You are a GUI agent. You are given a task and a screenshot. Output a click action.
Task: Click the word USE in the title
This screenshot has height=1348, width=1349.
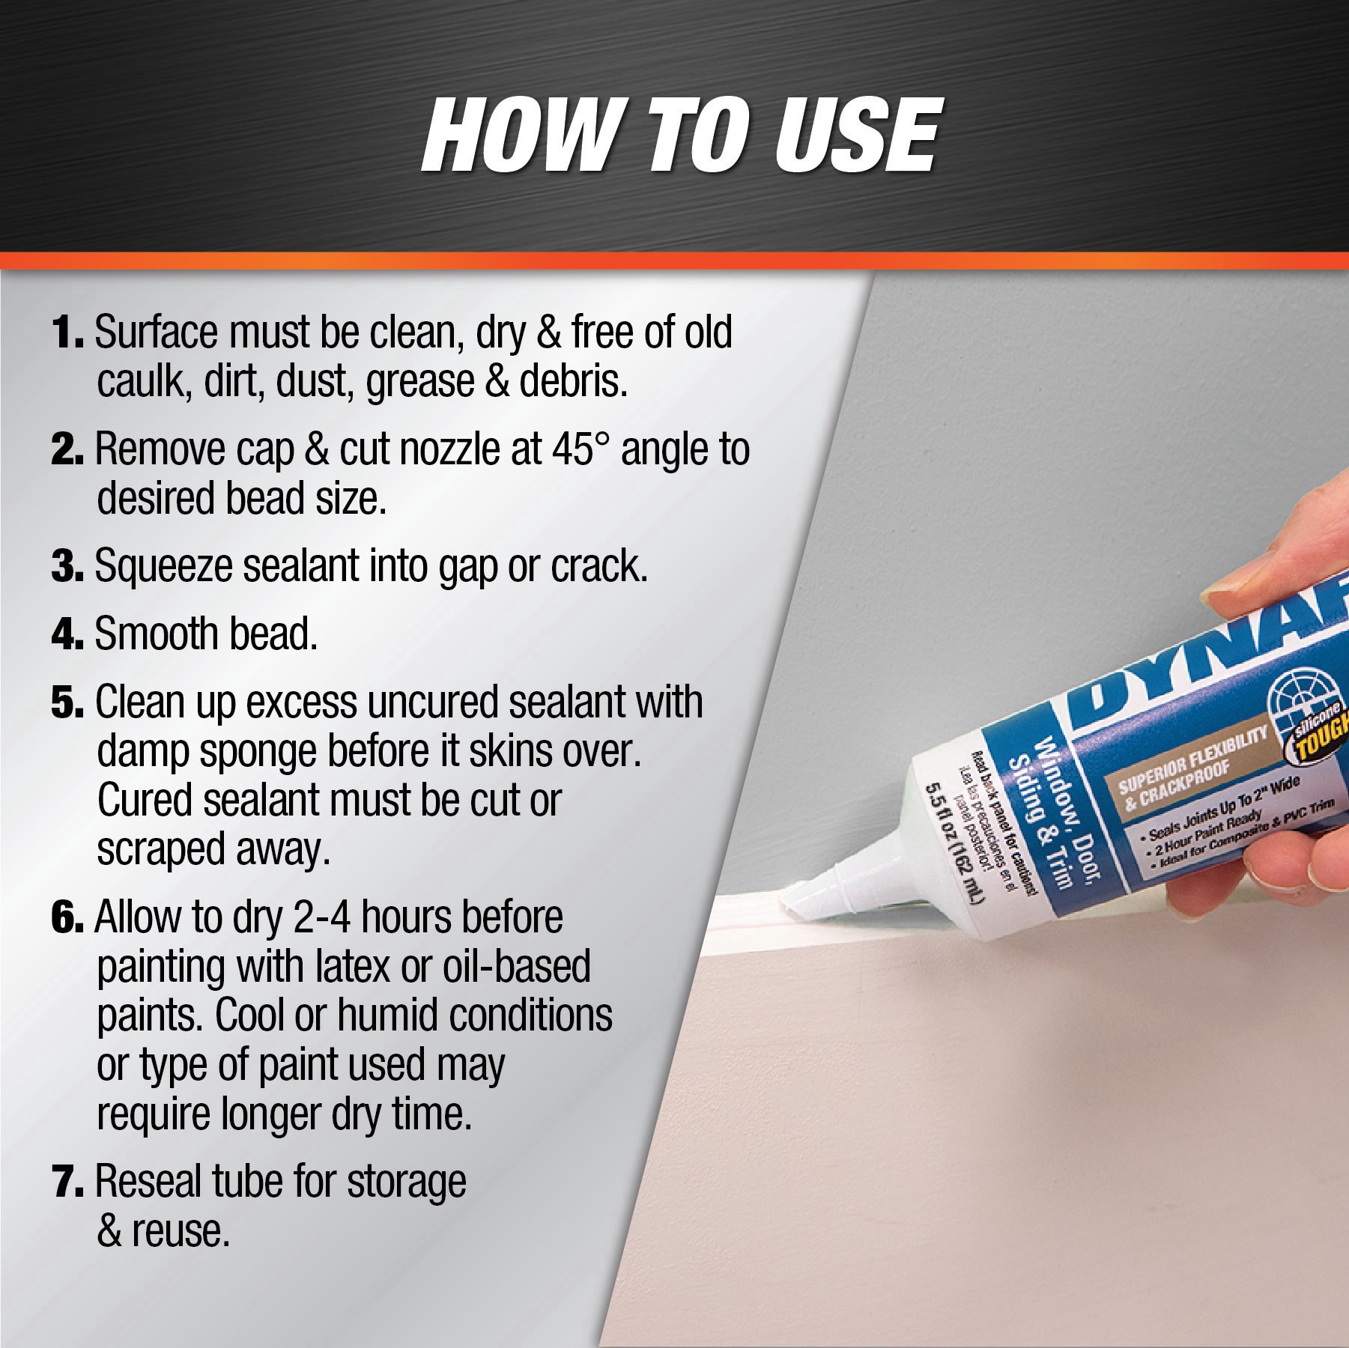pyautogui.click(x=855, y=136)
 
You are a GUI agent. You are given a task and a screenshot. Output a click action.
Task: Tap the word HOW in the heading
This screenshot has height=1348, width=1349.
pyautogui.click(x=517, y=136)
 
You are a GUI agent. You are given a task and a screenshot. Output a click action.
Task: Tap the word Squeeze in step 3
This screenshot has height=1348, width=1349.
pyautogui.click(x=163, y=567)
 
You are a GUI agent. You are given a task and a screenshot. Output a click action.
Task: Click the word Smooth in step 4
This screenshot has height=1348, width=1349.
pyautogui.click(x=156, y=634)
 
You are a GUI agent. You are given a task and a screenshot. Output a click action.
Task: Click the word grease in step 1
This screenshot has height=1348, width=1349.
pyautogui.click(x=419, y=381)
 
